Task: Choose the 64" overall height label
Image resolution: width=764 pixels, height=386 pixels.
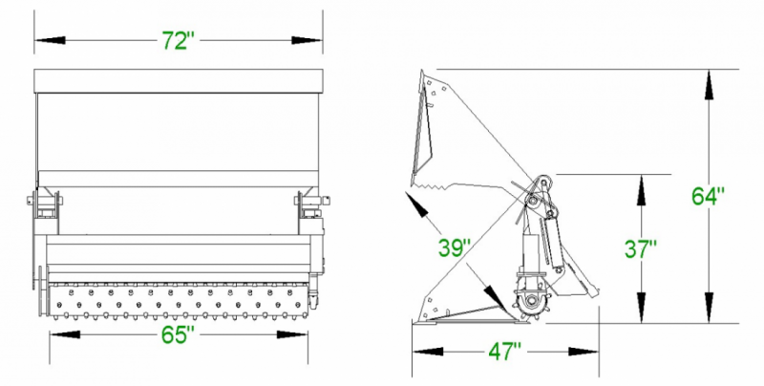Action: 708,196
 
